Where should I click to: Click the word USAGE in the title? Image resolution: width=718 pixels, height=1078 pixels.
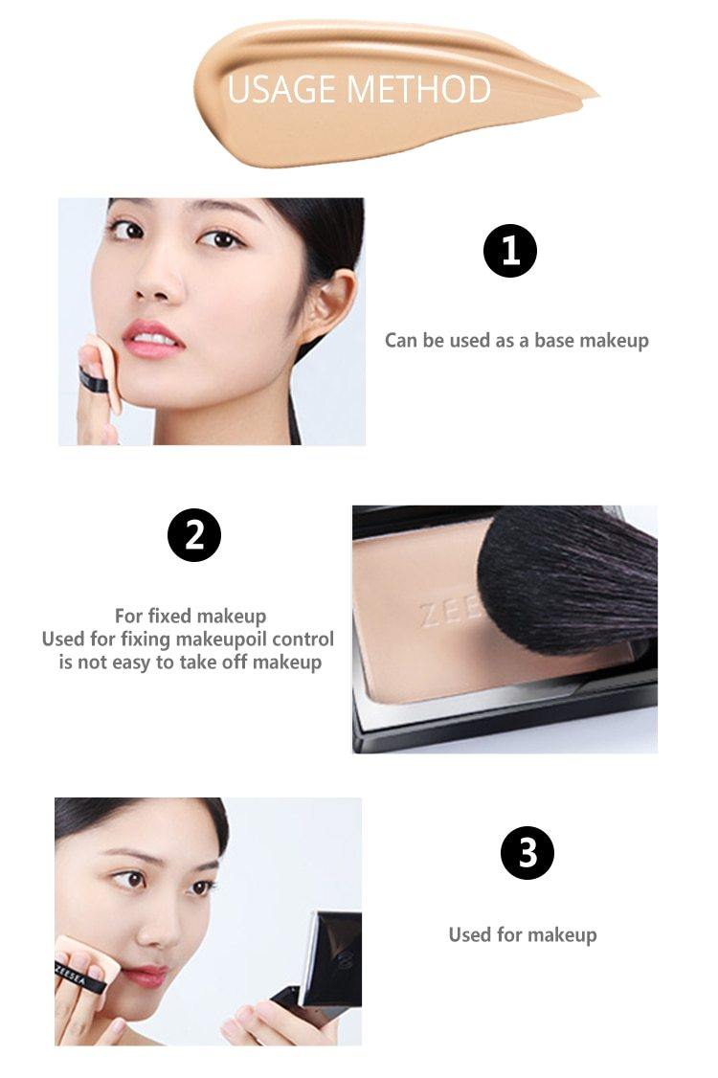(x=281, y=89)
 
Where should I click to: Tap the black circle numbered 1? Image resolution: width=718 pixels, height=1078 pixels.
(x=509, y=251)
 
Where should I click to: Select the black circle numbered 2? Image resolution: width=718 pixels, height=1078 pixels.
(x=194, y=535)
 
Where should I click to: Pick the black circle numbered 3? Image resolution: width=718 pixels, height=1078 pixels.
(x=527, y=852)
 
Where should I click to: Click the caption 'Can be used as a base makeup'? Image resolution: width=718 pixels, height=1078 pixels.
(x=517, y=340)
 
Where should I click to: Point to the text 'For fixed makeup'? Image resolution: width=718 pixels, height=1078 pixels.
(x=191, y=616)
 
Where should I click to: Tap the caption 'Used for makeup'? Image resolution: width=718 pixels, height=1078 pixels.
(x=523, y=934)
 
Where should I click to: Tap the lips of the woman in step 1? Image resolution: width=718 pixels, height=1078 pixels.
(x=152, y=338)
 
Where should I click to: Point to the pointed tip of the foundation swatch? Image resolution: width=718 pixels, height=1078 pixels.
(x=597, y=94)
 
